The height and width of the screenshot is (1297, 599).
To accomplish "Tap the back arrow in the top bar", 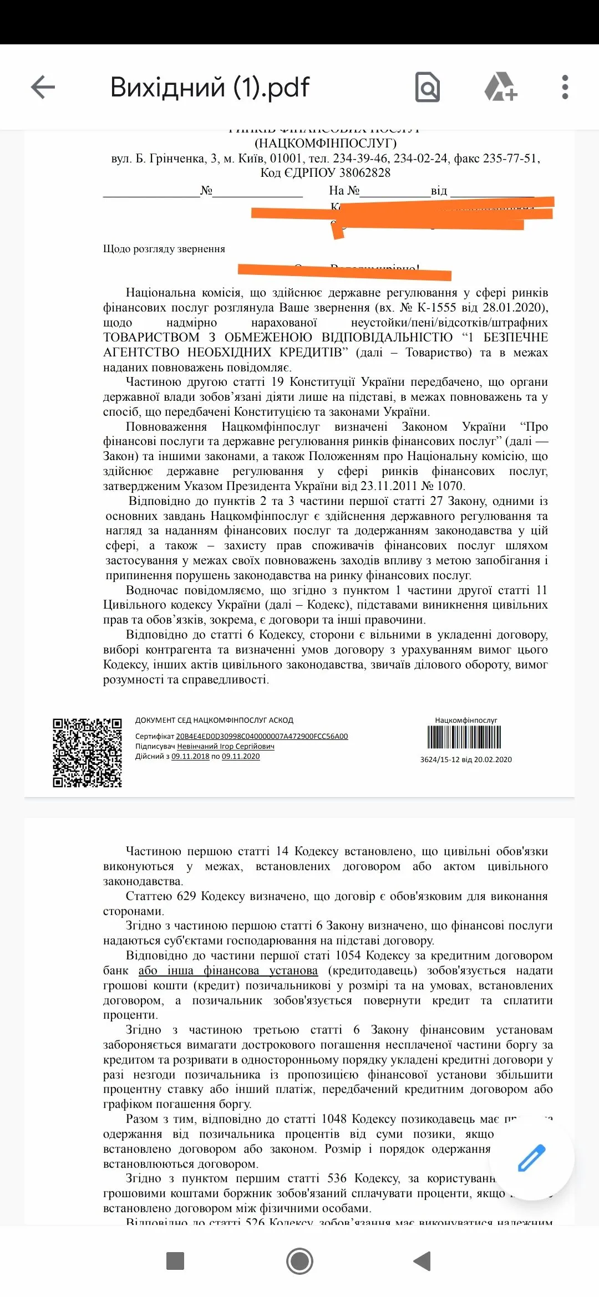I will point(43,87).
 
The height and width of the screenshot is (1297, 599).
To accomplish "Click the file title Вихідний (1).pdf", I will point(210,88).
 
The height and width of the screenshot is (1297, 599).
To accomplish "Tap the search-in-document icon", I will point(428,88).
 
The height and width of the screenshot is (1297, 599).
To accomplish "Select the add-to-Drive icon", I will point(500,87).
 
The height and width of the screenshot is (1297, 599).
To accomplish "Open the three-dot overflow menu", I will point(565,87).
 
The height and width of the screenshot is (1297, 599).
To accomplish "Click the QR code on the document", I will point(87,753).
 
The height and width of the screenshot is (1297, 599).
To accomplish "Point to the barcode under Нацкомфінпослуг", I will point(464,737).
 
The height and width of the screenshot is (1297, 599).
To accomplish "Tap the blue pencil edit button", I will point(531,1158).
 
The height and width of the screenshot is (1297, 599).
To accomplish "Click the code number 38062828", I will point(365,173).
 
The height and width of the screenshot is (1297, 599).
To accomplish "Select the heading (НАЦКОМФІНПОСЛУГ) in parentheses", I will point(326,144).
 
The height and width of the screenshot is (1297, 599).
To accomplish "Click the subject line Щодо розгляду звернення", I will point(164,249).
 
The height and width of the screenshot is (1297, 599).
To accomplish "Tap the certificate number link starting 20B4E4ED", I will point(262,737).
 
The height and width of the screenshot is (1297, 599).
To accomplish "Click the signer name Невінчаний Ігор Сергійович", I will point(226,747).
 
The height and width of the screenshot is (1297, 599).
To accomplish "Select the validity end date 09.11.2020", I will point(241,757).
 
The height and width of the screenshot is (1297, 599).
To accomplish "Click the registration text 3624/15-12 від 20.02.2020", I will point(466,760).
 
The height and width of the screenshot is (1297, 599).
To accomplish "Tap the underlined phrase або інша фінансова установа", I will point(228,971).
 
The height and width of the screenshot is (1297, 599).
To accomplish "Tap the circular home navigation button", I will point(299,1261).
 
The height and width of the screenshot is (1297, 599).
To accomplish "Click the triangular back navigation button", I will point(422,1261).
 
